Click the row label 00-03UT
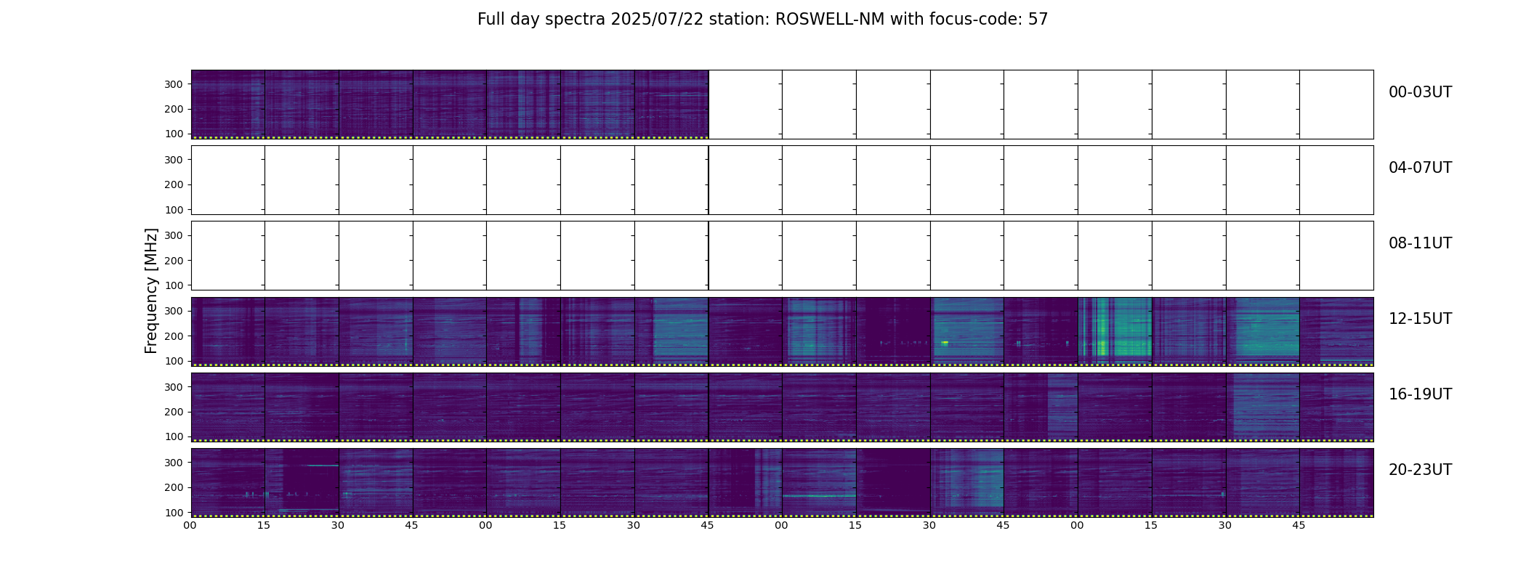[x=1420, y=92]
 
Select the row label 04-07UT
[x=1420, y=168]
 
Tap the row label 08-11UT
[x=1420, y=243]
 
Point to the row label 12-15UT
[x=1420, y=319]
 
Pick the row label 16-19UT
[x=1420, y=394]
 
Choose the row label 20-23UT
[x=1420, y=470]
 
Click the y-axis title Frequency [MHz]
[x=151, y=290]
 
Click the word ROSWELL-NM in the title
[x=830, y=20]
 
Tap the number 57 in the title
[x=1038, y=20]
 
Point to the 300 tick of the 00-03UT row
[x=173, y=84]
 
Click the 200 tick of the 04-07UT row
[x=173, y=185]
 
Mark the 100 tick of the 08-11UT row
[x=173, y=285]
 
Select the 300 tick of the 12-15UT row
[x=173, y=312]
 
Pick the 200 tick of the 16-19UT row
[x=173, y=412]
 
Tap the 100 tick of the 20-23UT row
[x=173, y=512]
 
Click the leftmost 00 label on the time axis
[x=190, y=525]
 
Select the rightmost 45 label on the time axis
[x=1299, y=525]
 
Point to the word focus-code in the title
[x=976, y=20]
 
